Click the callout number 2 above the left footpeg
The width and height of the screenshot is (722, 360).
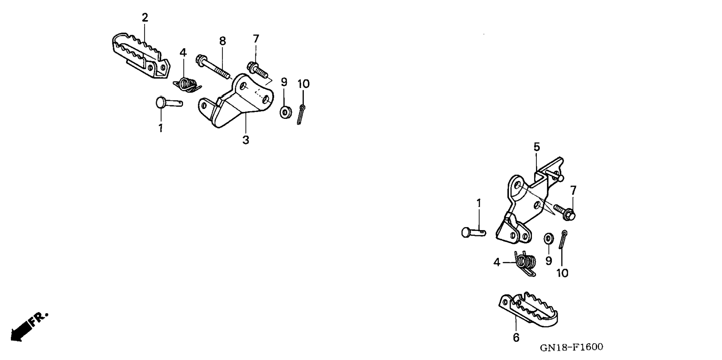tap(145, 18)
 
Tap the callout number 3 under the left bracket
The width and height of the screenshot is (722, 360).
tap(245, 140)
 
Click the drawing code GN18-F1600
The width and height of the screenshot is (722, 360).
tap(571, 347)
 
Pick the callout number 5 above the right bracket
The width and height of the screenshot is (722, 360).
tap(536, 147)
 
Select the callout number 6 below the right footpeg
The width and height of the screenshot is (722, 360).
tap(516, 338)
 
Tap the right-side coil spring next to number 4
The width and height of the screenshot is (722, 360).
tap(525, 263)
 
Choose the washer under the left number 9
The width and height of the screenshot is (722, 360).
tap(286, 112)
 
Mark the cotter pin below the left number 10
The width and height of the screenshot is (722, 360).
tap(301, 114)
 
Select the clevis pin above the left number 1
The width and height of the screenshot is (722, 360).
tap(168, 102)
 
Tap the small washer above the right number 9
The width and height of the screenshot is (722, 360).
tap(548, 238)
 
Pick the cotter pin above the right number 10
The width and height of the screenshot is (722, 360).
tap(563, 239)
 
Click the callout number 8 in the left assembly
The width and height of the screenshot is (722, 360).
tap(222, 41)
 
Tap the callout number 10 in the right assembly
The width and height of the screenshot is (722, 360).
tap(562, 273)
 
